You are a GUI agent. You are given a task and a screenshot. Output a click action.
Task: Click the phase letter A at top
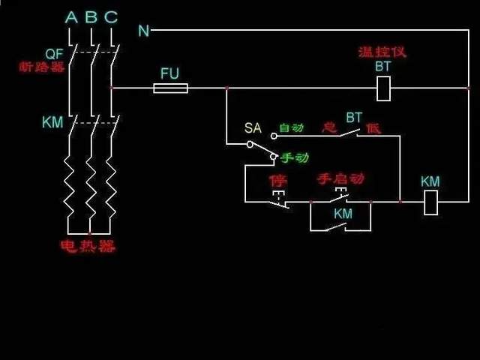pyautogui.click(x=71, y=16)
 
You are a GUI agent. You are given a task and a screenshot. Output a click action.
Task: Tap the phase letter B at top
pyautogui.click(x=91, y=16)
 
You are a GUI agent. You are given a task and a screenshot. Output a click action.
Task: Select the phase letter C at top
pyautogui.click(x=111, y=16)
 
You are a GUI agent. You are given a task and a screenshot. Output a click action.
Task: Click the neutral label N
pyautogui.click(x=143, y=31)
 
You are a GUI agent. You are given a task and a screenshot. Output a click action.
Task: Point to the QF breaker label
pyautogui.click(x=54, y=53)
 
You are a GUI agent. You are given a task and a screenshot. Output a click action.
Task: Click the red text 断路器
pyautogui.click(x=43, y=66)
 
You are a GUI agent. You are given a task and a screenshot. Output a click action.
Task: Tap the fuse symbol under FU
pyautogui.click(x=170, y=88)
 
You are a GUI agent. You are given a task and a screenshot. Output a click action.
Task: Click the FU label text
pyautogui.click(x=170, y=73)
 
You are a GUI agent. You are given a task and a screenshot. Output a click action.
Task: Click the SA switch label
pyautogui.click(x=252, y=128)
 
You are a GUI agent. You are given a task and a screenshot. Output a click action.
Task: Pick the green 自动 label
pyautogui.click(x=291, y=128)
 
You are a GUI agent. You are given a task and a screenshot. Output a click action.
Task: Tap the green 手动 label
pyautogui.click(x=295, y=158)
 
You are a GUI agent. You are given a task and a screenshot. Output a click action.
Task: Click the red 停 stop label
pyautogui.click(x=277, y=181)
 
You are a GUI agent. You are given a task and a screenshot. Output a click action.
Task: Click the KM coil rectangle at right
pyautogui.click(x=430, y=202)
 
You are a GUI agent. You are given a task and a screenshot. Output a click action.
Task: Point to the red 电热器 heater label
pyautogui.click(x=88, y=246)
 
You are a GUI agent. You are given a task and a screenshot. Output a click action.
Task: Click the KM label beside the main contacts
pyautogui.click(x=52, y=121)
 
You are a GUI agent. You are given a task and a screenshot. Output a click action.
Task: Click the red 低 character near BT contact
pyautogui.click(x=373, y=128)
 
